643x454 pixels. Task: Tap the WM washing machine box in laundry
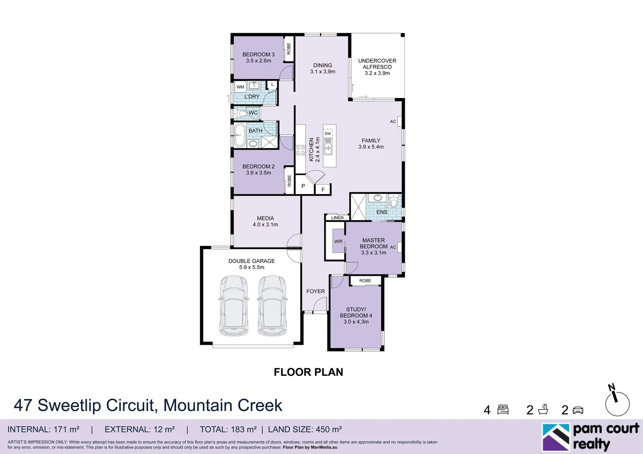[x=240, y=87]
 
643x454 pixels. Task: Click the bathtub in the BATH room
[x=239, y=135]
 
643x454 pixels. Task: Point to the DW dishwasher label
[x=328, y=134]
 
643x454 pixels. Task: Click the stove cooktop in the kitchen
[x=300, y=150]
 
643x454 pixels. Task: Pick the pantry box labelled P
[x=303, y=186]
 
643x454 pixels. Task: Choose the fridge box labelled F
[x=323, y=190]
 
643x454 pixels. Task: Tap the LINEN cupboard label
[x=337, y=218]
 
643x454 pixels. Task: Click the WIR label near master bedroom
[x=338, y=241]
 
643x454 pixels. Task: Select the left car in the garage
[x=234, y=306]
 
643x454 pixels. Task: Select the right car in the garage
[x=272, y=306]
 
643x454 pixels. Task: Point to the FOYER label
[x=316, y=291]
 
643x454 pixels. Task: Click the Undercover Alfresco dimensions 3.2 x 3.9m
[x=377, y=73]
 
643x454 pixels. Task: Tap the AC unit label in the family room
[x=393, y=121]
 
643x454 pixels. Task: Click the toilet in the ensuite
[x=393, y=201]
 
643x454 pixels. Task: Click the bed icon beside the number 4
[x=503, y=410]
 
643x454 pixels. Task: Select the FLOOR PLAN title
[x=308, y=372]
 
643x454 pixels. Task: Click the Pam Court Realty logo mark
[x=556, y=437]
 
